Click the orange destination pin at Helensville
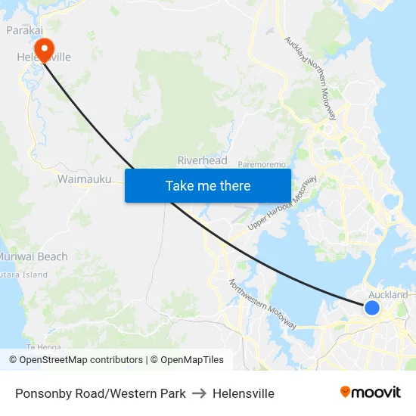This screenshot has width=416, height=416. pyautogui.click(x=44, y=49)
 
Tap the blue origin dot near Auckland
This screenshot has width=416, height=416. pyautogui.click(x=371, y=308)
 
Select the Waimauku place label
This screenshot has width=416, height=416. pyautogui.click(x=85, y=179)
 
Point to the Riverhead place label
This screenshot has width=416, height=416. pyautogui.click(x=202, y=160)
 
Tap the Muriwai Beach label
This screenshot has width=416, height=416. pyautogui.click(x=33, y=256)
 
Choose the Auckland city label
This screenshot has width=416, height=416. pyautogui.click(x=388, y=295)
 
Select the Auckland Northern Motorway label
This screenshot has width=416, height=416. pyautogui.click(x=310, y=78)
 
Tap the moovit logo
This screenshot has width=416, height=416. pyautogui.click(x=370, y=392)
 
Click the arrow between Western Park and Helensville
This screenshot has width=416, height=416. pyautogui.click(x=199, y=393)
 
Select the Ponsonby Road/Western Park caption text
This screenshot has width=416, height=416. pyautogui.click(x=101, y=393)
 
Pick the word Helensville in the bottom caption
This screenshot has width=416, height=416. pyautogui.click(x=244, y=393)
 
